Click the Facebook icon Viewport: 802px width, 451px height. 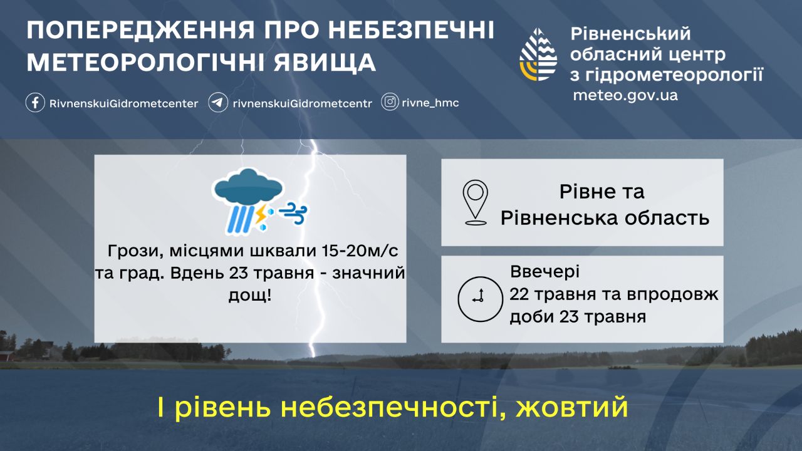pos(35,103)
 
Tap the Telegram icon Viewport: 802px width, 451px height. pos(217,103)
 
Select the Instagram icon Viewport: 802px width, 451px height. pos(390,102)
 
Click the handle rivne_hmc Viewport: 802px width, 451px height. pos(430,103)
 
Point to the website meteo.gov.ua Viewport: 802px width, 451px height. pos(625,96)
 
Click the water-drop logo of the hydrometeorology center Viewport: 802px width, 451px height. pos(538,54)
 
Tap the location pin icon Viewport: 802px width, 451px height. pos(475,202)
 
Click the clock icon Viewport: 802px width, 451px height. pos(480,299)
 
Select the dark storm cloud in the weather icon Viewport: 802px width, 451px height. pos(247,187)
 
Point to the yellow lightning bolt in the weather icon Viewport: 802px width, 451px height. pos(259,214)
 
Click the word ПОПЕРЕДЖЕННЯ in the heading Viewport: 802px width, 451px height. pos(141,31)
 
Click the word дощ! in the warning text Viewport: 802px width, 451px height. pos(250,296)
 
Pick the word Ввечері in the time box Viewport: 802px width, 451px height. pos(544,271)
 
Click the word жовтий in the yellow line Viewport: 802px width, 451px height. pos(572,407)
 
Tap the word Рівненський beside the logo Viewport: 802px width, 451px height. pos(630,34)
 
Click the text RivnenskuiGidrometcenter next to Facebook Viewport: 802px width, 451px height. pos(123,104)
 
